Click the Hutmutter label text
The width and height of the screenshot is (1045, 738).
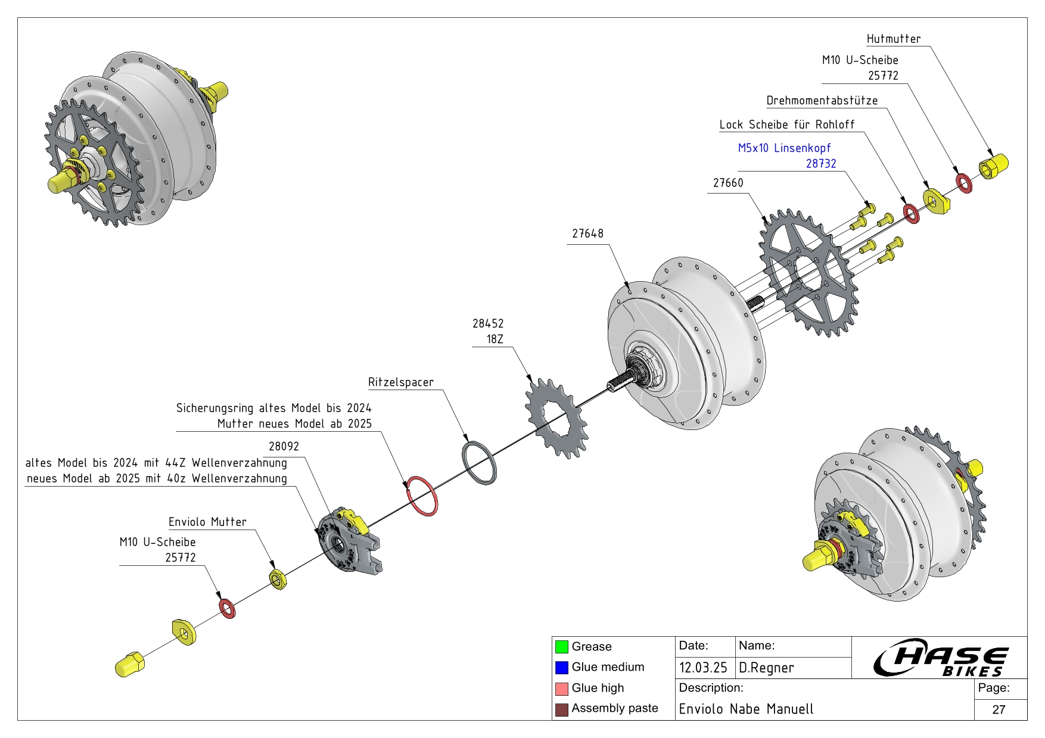point(893,39)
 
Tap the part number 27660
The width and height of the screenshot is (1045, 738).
point(728,183)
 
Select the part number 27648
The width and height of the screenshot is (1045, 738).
point(587,233)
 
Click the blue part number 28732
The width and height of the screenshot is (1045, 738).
point(821,164)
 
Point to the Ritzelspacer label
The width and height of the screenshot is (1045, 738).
point(401,382)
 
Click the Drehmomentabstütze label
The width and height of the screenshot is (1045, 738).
point(822,101)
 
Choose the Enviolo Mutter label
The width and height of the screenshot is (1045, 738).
point(207,522)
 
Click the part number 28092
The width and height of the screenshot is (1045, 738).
point(284,446)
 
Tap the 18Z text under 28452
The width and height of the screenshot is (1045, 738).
point(495,340)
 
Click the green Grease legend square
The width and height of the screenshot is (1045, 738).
point(561,647)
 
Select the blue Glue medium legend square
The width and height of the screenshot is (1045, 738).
point(561,668)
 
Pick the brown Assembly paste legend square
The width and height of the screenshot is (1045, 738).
point(561,709)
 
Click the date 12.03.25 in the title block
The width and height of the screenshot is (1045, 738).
point(703,668)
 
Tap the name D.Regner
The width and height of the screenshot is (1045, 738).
point(766,668)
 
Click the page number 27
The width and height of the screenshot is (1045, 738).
point(999,709)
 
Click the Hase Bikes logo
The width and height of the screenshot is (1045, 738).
point(940,658)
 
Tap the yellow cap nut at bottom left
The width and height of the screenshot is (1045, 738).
point(129,664)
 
